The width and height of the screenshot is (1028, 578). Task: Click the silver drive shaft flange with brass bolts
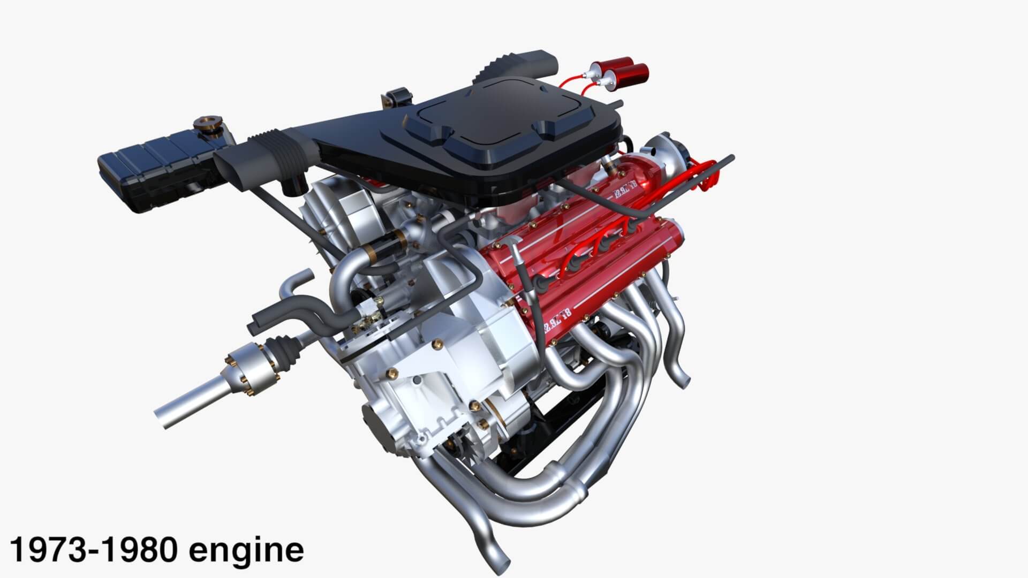(x=252, y=369)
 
